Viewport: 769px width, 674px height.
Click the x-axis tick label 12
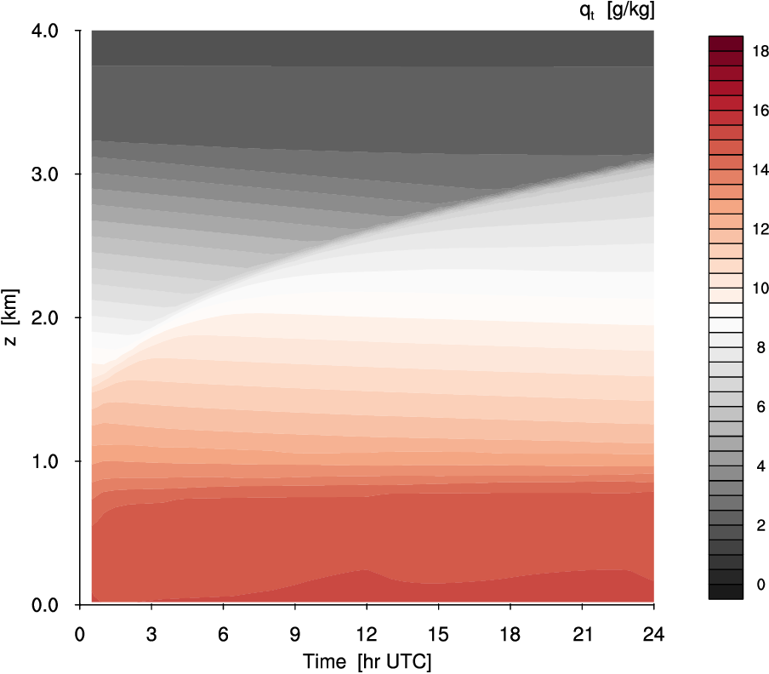click(x=367, y=634)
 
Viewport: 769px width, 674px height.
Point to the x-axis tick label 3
click(x=151, y=634)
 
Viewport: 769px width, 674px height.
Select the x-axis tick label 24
click(x=653, y=634)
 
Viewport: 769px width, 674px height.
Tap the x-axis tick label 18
click(x=510, y=634)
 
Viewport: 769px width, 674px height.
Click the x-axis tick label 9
click(x=295, y=634)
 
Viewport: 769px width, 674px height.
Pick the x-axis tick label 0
click(x=80, y=634)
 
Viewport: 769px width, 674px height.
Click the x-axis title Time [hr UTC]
click(x=367, y=661)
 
